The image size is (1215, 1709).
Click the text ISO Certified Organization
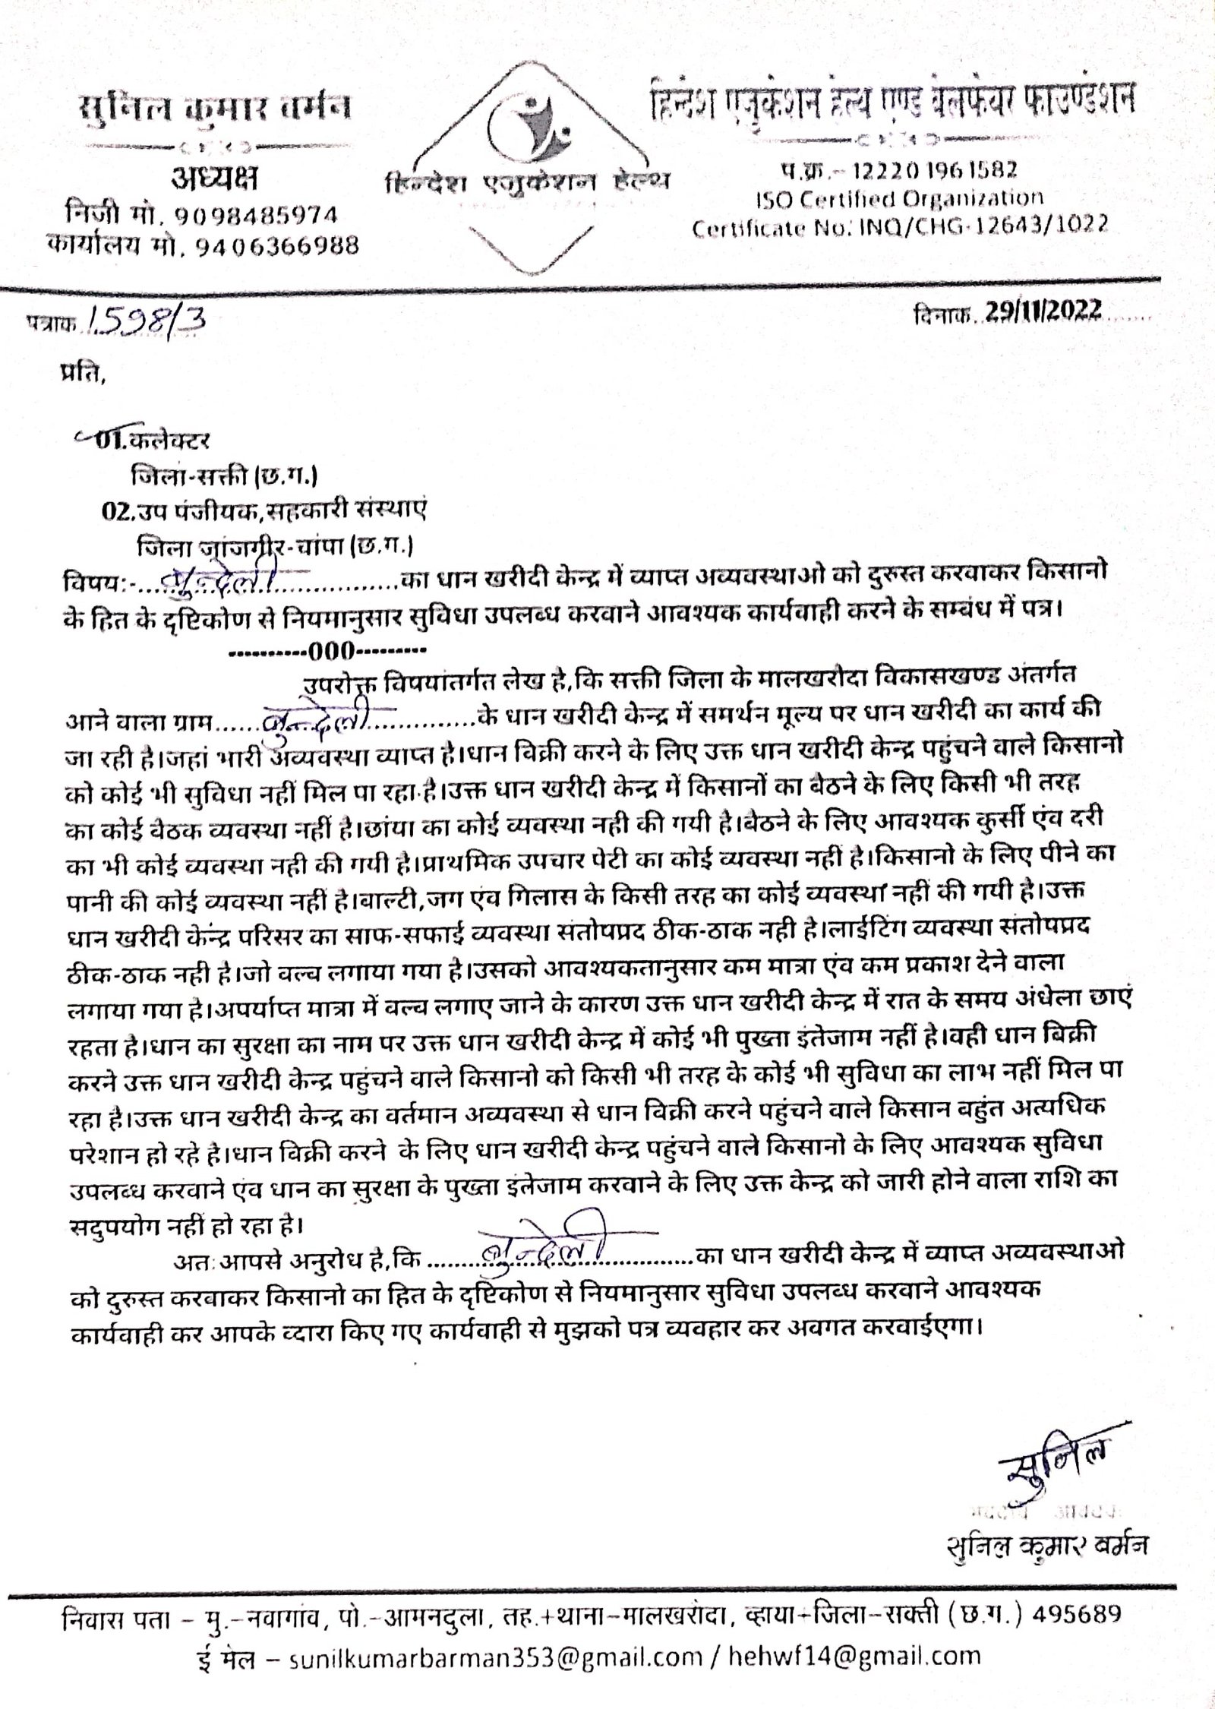click(x=899, y=198)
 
